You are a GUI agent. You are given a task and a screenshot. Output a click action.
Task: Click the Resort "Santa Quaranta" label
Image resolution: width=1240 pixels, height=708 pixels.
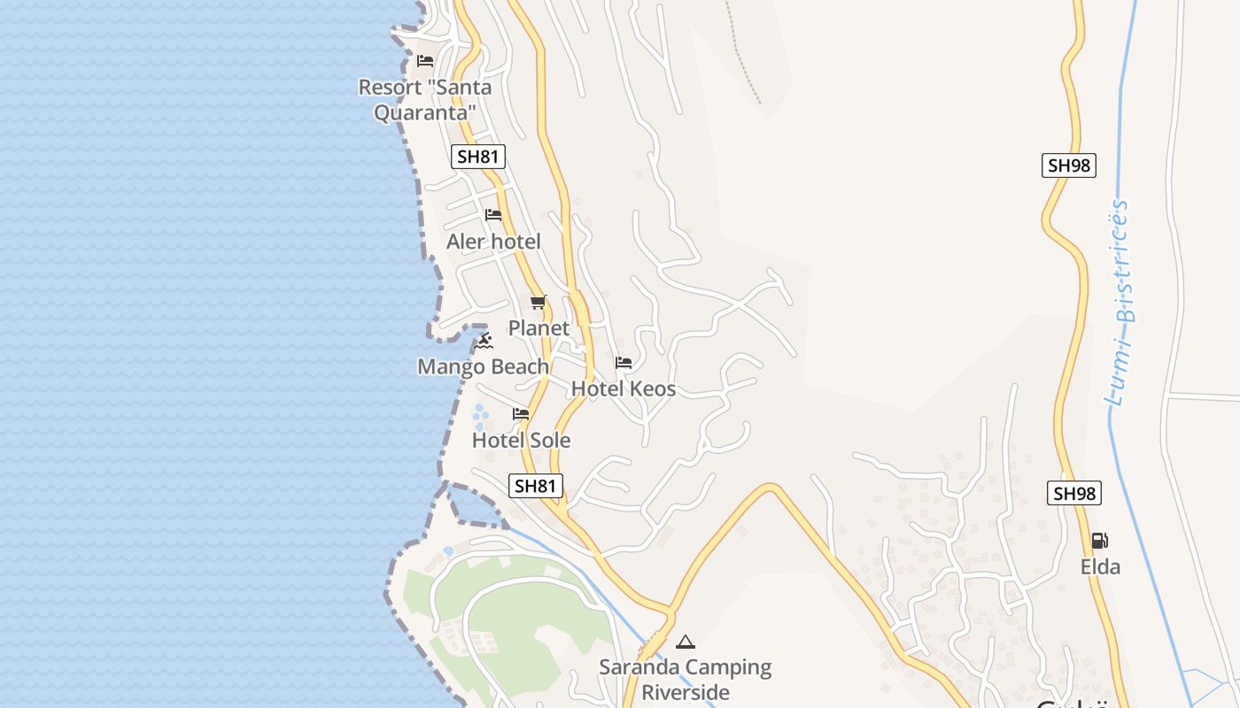(x=425, y=100)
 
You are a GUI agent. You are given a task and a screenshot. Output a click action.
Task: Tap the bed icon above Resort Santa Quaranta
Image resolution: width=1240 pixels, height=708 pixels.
(x=425, y=61)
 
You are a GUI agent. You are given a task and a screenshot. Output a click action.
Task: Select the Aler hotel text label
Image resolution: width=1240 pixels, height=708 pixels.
(x=493, y=242)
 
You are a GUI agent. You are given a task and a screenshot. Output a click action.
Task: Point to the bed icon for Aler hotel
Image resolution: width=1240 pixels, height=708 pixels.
(x=493, y=215)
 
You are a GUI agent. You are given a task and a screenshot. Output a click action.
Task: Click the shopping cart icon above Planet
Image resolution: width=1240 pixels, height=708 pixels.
(x=539, y=302)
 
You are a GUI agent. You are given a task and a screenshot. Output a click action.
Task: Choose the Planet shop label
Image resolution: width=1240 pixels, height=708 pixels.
(x=539, y=328)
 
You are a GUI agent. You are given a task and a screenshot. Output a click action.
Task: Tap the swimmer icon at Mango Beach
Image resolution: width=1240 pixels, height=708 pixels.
(x=484, y=341)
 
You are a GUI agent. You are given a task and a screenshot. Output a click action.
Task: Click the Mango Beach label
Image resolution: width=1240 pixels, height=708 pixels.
(x=484, y=366)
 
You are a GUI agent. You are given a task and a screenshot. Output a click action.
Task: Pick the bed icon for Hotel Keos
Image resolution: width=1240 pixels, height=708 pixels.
(x=624, y=363)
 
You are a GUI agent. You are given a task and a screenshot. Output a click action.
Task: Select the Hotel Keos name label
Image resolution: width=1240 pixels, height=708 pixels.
(x=624, y=389)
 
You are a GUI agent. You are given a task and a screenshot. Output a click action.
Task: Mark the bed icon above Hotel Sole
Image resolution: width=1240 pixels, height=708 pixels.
(x=521, y=413)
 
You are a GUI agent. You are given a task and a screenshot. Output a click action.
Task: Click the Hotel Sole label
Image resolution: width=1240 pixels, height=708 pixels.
(x=521, y=440)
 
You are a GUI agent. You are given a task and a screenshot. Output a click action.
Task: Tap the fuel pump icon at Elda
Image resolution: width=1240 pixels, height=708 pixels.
(x=1099, y=541)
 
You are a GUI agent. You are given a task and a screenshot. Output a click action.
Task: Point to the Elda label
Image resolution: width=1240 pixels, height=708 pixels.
(x=1100, y=567)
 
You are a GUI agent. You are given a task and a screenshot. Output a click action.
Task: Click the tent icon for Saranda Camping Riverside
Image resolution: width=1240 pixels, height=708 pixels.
(x=685, y=642)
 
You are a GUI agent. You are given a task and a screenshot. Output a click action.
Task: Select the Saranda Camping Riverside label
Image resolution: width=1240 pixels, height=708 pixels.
(x=686, y=679)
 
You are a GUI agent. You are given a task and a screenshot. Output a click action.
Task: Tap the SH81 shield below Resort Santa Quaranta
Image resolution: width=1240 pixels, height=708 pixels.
(x=478, y=158)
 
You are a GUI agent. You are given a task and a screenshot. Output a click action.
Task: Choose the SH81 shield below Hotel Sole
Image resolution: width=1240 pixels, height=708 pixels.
(x=536, y=486)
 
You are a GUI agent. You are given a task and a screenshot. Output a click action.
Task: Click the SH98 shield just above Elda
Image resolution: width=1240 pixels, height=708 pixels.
(x=1074, y=494)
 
